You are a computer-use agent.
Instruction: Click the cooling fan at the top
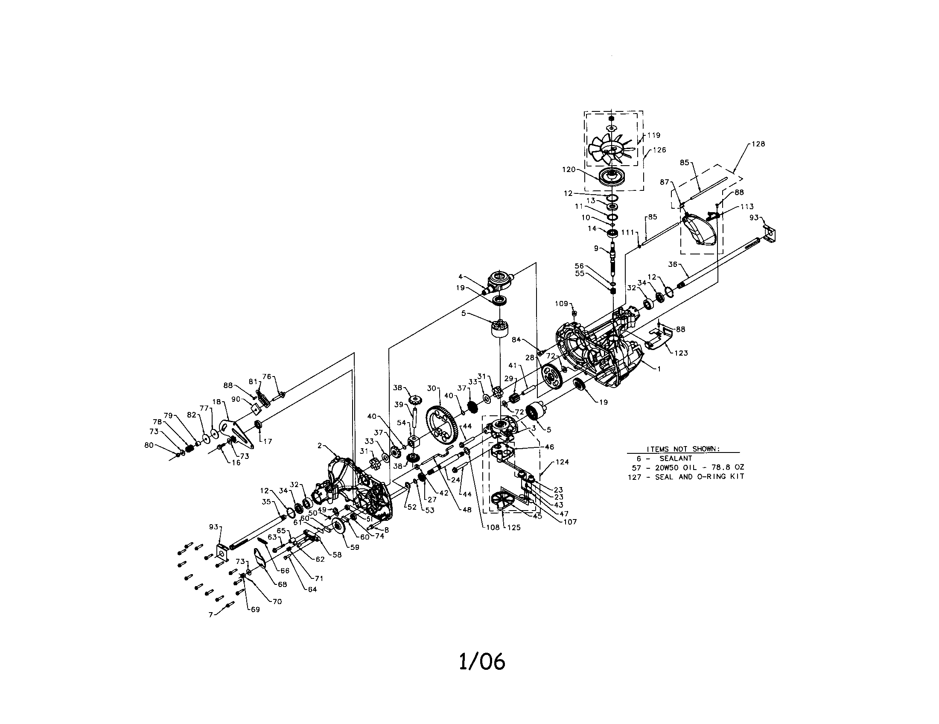(x=610, y=149)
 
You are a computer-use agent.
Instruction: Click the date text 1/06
(x=482, y=662)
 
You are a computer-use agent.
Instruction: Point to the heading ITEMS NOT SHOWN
(x=683, y=449)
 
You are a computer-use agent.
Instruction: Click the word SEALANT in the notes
(x=676, y=458)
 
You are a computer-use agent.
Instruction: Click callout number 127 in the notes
(x=634, y=477)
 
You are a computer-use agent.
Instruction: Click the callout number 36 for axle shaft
(x=673, y=265)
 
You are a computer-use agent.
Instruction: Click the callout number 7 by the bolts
(x=211, y=615)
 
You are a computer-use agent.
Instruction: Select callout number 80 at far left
(x=149, y=445)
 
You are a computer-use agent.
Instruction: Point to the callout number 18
(x=216, y=402)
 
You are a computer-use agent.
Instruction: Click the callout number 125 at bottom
(x=513, y=528)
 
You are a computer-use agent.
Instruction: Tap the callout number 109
(x=561, y=304)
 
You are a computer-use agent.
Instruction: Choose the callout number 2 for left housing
(x=319, y=446)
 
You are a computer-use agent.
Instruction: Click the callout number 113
(x=747, y=207)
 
